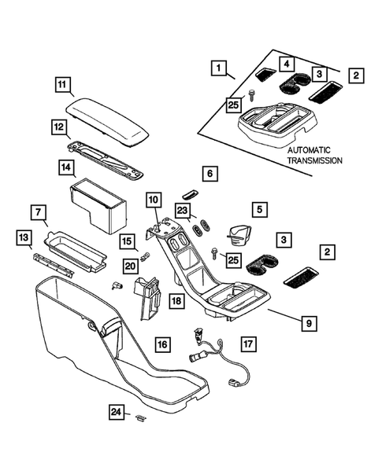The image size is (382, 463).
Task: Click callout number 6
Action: click(x=209, y=173)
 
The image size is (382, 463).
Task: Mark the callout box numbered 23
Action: click(x=183, y=211)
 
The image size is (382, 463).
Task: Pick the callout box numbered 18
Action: click(x=177, y=300)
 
